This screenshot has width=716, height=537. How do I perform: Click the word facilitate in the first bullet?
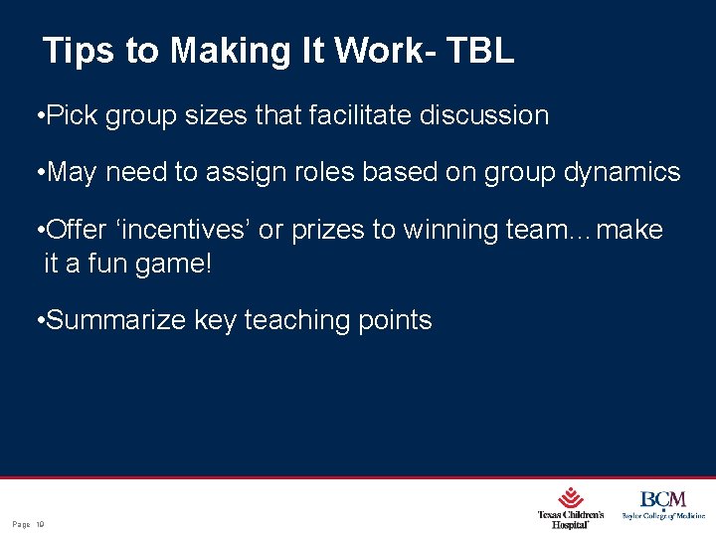click(361, 115)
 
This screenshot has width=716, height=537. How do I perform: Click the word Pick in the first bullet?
click(72, 115)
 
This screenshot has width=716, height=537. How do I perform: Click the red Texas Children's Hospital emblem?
click(571, 497)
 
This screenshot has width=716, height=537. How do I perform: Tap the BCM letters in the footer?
click(662, 499)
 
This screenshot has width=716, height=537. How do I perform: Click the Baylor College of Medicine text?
click(663, 516)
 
